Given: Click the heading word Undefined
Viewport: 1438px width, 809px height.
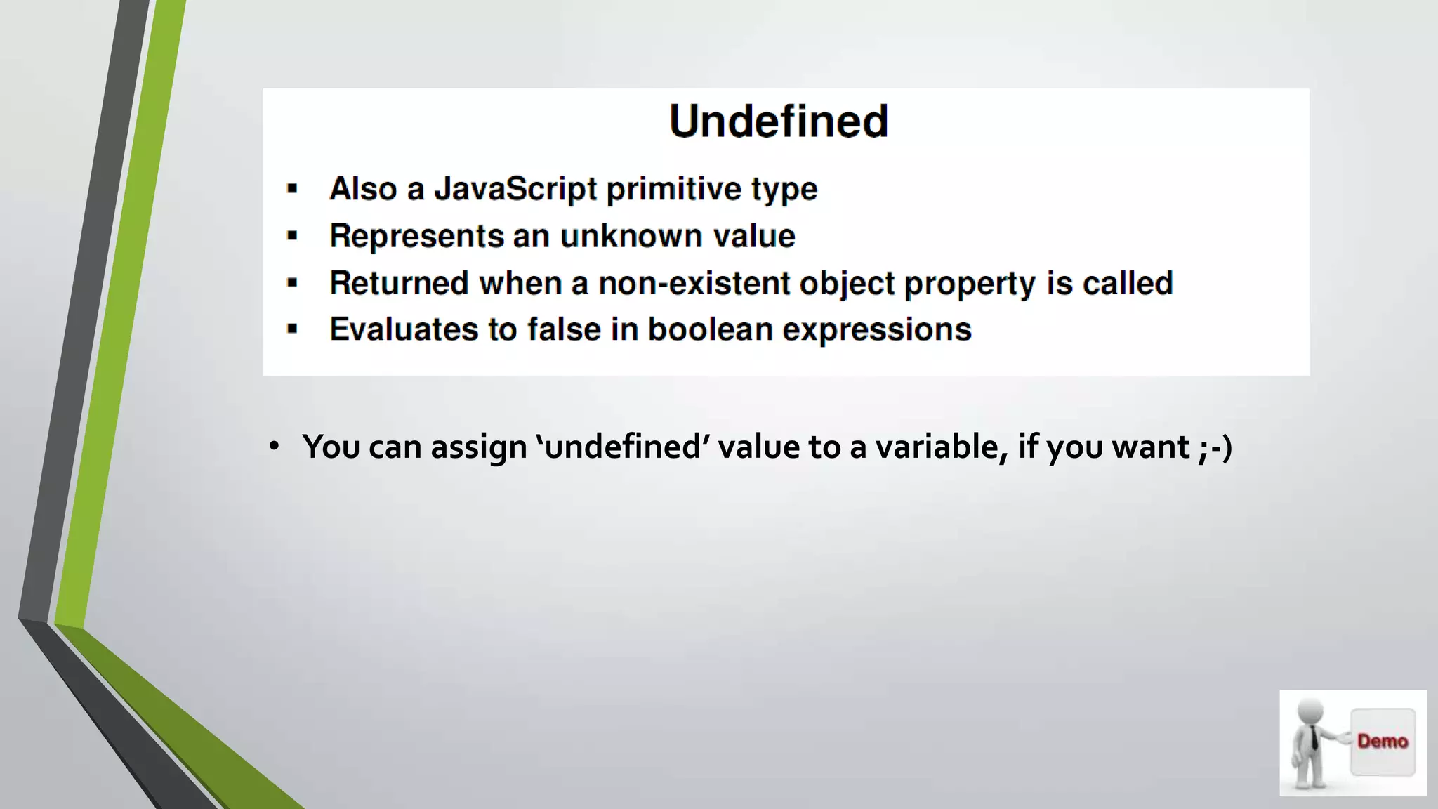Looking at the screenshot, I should click(779, 121).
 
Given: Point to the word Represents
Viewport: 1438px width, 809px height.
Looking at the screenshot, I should click(416, 236).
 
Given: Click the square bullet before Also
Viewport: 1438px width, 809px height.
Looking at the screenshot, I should click(293, 189).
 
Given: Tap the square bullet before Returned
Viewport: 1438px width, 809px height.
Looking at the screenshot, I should click(293, 284).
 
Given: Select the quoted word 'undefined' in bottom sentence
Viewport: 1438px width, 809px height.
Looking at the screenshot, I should click(623, 447).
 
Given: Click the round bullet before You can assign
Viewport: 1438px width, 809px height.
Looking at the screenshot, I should click(274, 447).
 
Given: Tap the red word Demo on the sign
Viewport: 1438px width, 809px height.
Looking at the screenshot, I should click(1382, 742).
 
